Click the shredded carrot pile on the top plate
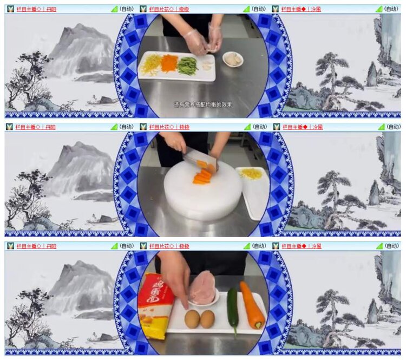(x=169, y=63)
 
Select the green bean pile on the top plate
(x=188, y=65)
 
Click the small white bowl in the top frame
(x=233, y=59)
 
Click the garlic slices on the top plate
(x=206, y=66)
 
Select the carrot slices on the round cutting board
(x=202, y=176)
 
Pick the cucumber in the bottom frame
(x=233, y=307)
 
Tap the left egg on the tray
(x=192, y=319)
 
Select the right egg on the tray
(x=207, y=319)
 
